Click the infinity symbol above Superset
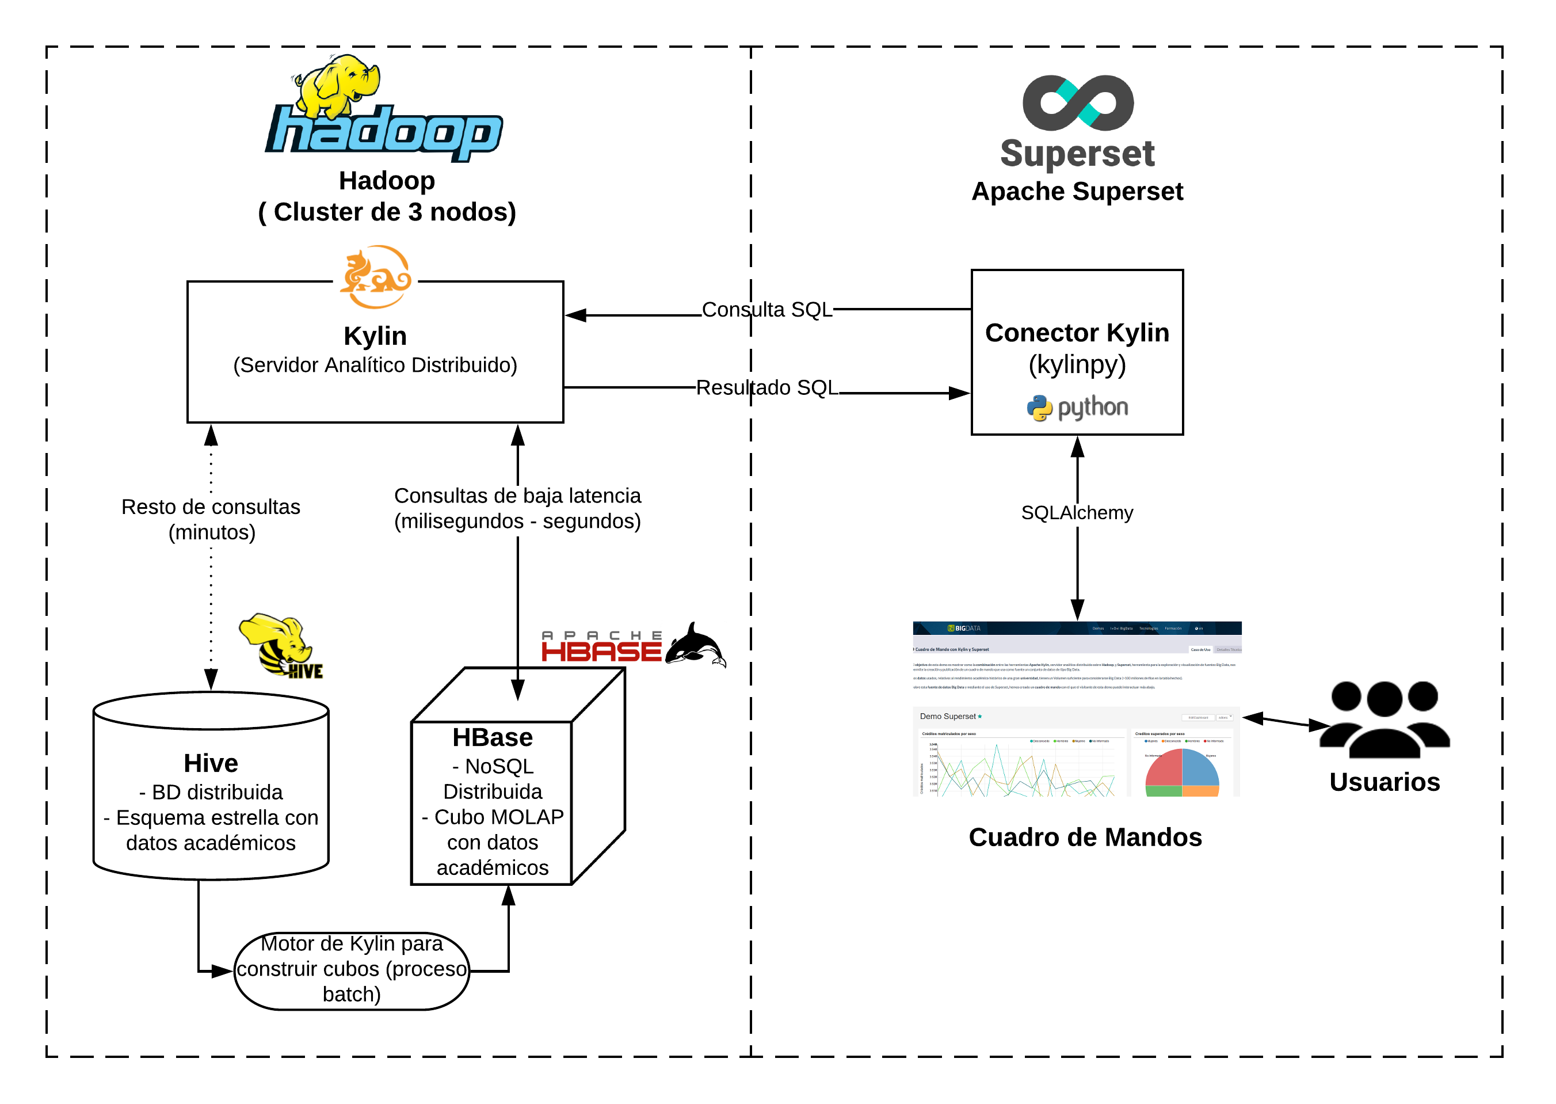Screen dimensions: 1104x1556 pyautogui.click(x=1078, y=102)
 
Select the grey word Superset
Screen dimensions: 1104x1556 pyautogui.click(x=1078, y=153)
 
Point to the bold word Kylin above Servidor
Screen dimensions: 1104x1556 pyautogui.click(x=375, y=336)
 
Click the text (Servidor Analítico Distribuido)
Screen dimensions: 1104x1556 pyautogui.click(x=375, y=365)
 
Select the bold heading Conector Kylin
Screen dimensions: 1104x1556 pyautogui.click(x=1077, y=333)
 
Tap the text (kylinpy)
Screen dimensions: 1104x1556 pyautogui.click(x=1077, y=364)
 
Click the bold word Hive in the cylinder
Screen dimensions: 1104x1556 pyautogui.click(x=211, y=763)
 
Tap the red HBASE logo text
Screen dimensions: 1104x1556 pyautogui.click(x=601, y=651)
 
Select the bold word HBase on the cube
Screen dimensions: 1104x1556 pyautogui.click(x=493, y=737)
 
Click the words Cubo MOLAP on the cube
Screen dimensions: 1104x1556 pyautogui.click(x=499, y=816)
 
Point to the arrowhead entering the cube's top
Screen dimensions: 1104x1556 pyautogui.click(x=518, y=690)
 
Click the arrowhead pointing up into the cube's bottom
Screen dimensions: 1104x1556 pyautogui.click(x=508, y=896)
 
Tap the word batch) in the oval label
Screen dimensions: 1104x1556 pyautogui.click(x=351, y=994)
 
